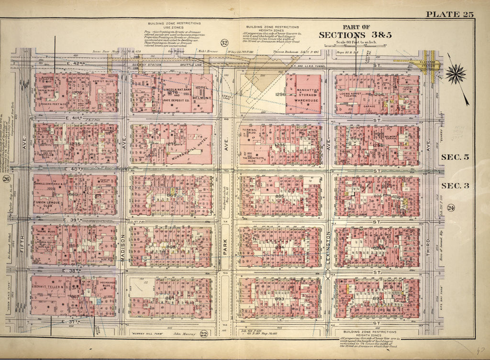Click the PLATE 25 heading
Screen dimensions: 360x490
[x=450, y=14]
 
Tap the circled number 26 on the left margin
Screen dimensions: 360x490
[x=6, y=179]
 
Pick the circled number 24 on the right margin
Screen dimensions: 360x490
[x=451, y=207]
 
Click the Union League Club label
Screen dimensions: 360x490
[x=48, y=206]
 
